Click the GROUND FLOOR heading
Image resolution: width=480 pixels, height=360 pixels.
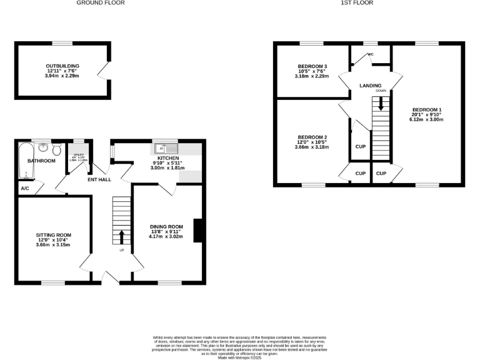click(x=101, y=3)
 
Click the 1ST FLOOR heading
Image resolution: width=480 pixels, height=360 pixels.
click(x=356, y=3)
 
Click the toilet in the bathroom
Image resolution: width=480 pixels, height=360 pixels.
click(x=57, y=150)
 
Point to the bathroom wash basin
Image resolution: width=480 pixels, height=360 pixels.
click(x=43, y=148)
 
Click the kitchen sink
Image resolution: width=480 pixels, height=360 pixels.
click(x=166, y=149)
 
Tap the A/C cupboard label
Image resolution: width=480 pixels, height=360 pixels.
click(x=25, y=188)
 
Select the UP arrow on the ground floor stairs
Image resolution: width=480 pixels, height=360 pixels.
click(x=121, y=236)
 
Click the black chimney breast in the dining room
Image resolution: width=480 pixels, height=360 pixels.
click(x=198, y=230)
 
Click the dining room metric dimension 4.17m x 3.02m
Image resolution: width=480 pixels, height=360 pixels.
click(x=166, y=237)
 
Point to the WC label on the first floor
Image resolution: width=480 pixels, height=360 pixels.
click(x=370, y=54)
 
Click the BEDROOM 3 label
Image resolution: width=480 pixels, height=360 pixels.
click(x=312, y=67)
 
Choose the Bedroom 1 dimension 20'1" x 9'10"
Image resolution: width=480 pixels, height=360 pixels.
click(x=427, y=114)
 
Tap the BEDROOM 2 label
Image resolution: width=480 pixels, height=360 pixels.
click(x=312, y=137)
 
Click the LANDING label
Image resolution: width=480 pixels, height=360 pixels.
click(x=371, y=85)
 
